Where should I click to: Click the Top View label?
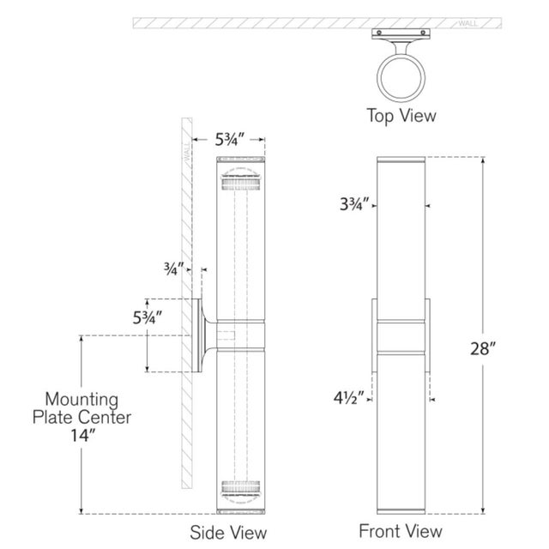pos(401,115)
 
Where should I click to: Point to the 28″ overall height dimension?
pos(483,349)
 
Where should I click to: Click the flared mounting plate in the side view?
pos(207,335)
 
